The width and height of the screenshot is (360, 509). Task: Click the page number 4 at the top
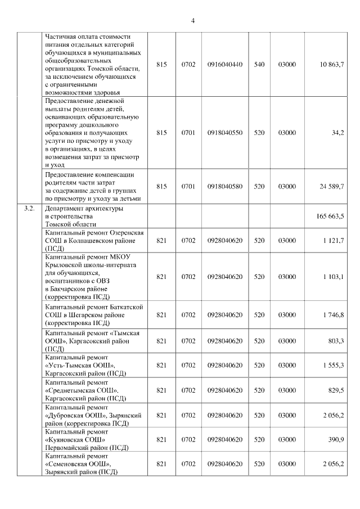(192, 21)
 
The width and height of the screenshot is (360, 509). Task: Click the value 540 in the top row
(259, 65)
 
